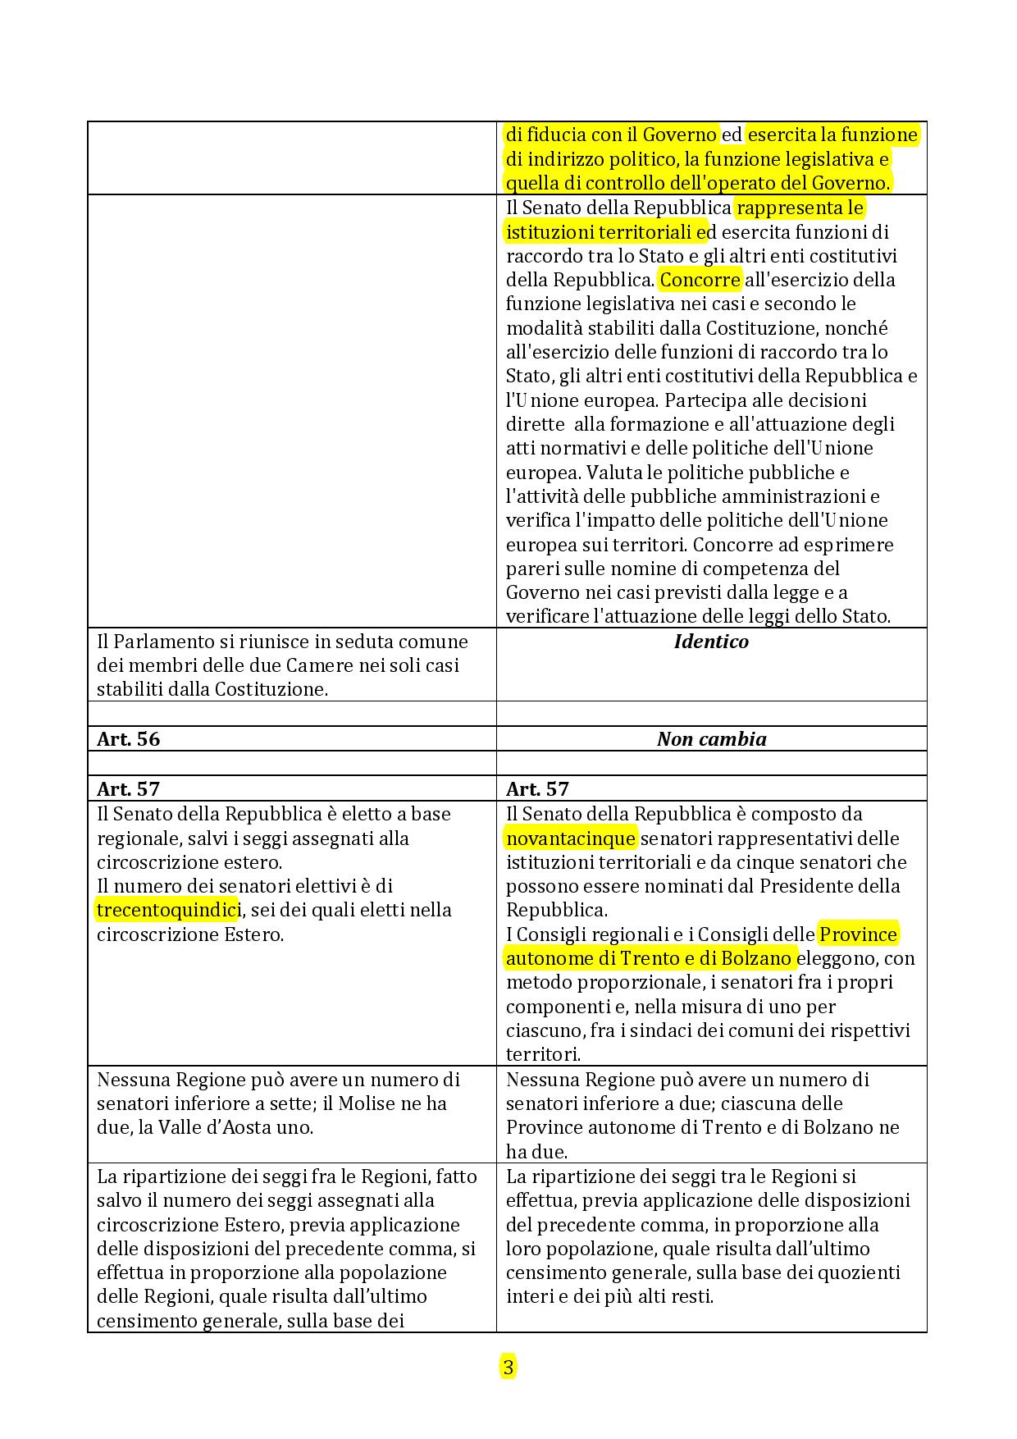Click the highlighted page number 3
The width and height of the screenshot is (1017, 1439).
pos(508,1368)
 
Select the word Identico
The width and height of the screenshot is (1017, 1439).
pos(711,642)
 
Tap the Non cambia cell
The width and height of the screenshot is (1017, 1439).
pos(711,739)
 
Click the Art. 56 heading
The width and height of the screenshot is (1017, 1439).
pos(129,739)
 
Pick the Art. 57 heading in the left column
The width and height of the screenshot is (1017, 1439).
pos(129,789)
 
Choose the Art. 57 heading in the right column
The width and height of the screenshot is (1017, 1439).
pos(537,789)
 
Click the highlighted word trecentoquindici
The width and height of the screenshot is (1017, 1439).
pos(168,910)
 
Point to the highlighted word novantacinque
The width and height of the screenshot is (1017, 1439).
pos(571,838)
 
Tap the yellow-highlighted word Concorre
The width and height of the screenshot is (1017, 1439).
pos(700,280)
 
